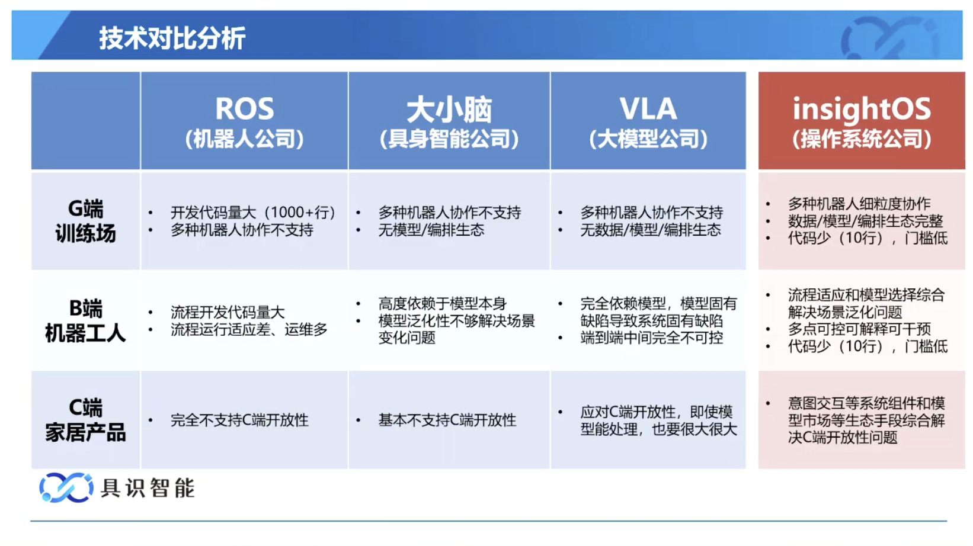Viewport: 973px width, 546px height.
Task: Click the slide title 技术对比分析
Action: (172, 38)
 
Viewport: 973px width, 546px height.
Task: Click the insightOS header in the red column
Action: (862, 108)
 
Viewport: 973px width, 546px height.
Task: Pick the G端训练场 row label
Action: (85, 221)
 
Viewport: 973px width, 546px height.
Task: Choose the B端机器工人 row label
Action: (85, 321)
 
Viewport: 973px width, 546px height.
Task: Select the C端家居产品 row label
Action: (85, 420)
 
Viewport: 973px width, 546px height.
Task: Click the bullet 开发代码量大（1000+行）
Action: (253, 213)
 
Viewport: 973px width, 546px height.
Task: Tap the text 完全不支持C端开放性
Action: (239, 420)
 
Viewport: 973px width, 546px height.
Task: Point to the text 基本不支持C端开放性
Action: (447, 420)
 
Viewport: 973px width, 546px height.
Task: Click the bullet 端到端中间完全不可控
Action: (652, 338)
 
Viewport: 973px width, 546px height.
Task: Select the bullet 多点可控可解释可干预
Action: (859, 329)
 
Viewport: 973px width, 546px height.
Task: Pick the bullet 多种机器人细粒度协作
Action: (859, 204)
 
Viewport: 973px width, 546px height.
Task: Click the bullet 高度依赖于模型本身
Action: (442, 303)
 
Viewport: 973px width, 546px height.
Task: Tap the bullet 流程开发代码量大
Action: (228, 312)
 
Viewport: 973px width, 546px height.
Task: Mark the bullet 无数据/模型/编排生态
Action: (651, 230)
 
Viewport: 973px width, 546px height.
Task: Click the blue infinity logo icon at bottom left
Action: (66, 487)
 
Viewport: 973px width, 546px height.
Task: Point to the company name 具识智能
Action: (148, 488)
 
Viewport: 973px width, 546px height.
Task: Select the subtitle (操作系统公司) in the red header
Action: (862, 140)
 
